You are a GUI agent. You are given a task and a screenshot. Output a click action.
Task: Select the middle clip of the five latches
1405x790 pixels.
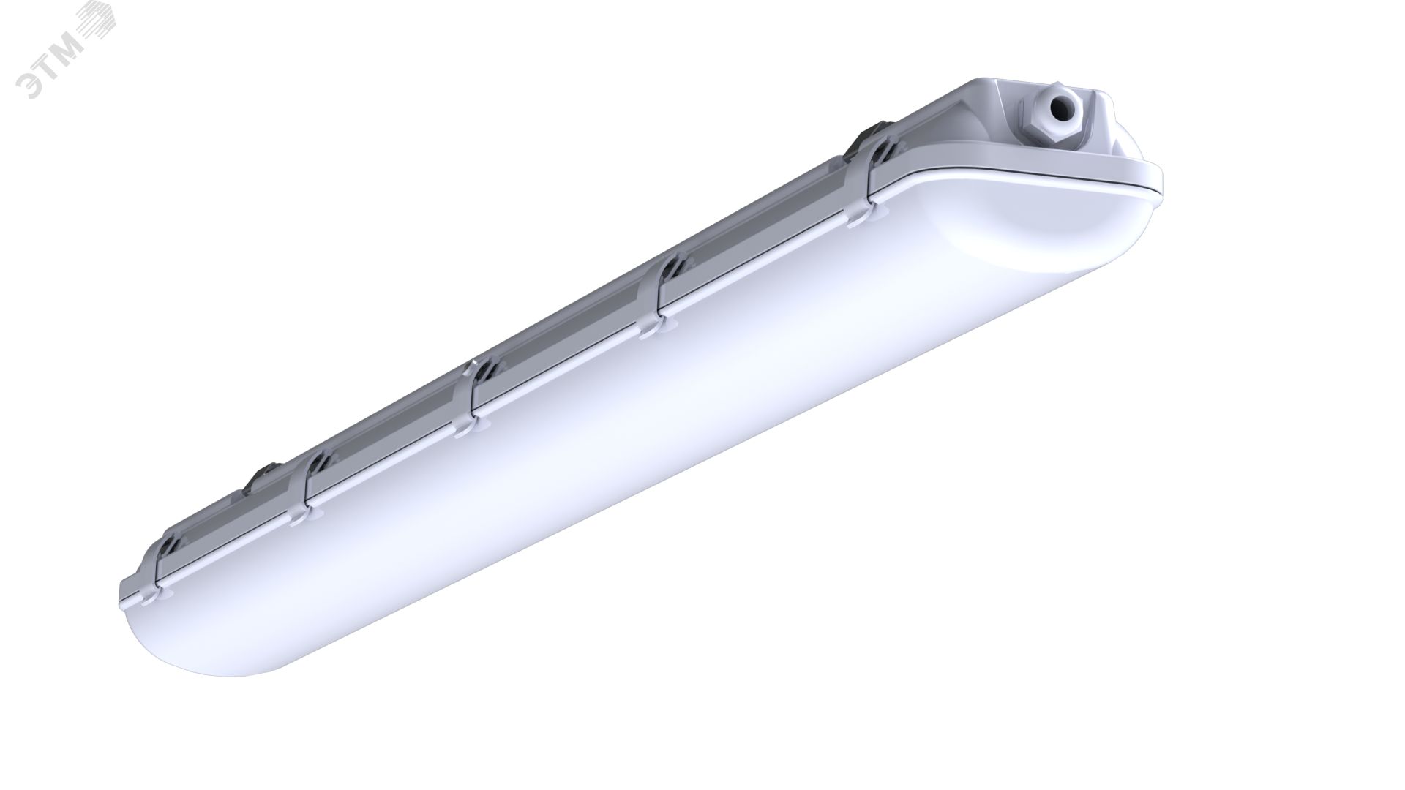click(469, 399)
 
